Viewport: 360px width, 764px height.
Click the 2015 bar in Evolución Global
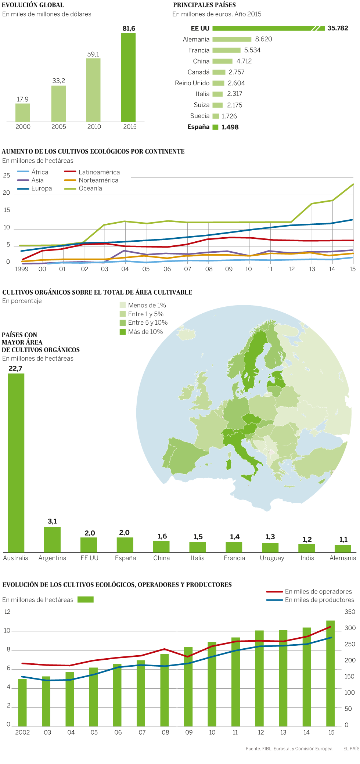[128, 77]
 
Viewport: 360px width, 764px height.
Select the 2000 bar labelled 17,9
[22, 112]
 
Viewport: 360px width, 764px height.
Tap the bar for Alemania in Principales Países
[232, 39]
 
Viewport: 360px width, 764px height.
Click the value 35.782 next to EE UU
[338, 28]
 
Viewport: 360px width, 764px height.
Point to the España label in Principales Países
[198, 127]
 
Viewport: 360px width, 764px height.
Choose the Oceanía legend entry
[90, 188]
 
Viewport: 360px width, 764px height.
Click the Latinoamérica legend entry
[99, 172]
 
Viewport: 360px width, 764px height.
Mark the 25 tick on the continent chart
[7, 176]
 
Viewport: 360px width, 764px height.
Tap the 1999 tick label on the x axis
[22, 269]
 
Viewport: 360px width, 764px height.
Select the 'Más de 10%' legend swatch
[123, 332]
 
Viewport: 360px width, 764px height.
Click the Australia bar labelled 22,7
[16, 463]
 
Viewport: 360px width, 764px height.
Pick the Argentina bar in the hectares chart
[52, 540]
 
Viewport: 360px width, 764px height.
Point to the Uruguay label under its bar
[272, 558]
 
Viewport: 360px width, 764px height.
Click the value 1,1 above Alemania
[343, 540]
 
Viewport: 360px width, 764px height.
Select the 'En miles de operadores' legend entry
[318, 591]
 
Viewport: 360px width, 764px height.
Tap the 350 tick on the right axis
[350, 612]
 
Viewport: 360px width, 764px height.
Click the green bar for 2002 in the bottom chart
[22, 702]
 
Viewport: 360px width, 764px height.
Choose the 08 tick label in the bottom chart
[166, 732]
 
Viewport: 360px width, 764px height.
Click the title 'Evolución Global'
[33, 5]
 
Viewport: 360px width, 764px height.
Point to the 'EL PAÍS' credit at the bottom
[351, 749]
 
